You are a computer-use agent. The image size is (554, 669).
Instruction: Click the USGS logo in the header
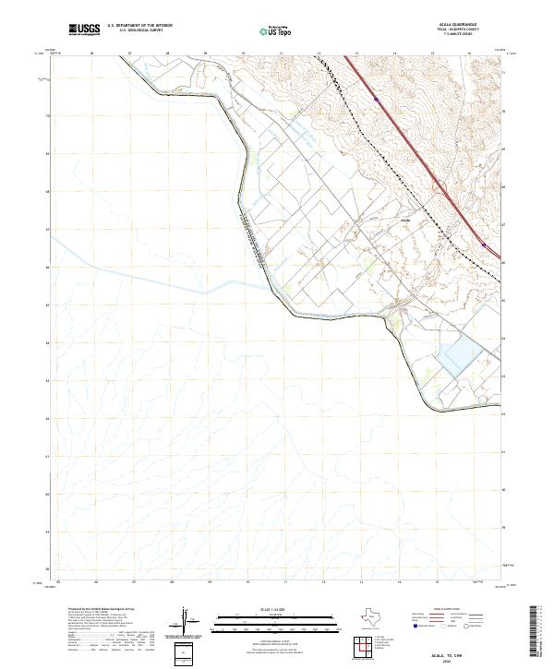(85, 29)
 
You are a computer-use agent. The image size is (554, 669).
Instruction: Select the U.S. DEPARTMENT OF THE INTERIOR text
(139, 25)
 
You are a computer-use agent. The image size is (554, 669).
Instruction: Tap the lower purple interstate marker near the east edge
(484, 245)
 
